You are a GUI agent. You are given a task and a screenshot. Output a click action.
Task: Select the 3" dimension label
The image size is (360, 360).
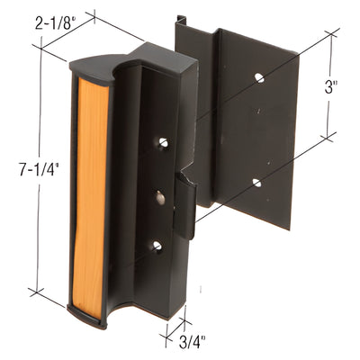[332, 88]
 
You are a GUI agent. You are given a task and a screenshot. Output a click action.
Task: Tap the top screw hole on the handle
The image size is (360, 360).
[163, 142]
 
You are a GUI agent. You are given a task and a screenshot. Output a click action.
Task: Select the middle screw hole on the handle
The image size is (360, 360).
[160, 197]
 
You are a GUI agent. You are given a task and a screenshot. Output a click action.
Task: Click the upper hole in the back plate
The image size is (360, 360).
[259, 78]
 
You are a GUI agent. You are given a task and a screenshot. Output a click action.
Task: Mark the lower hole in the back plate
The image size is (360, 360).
[256, 183]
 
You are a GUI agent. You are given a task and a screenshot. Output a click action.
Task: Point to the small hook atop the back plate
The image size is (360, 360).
[181, 19]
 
